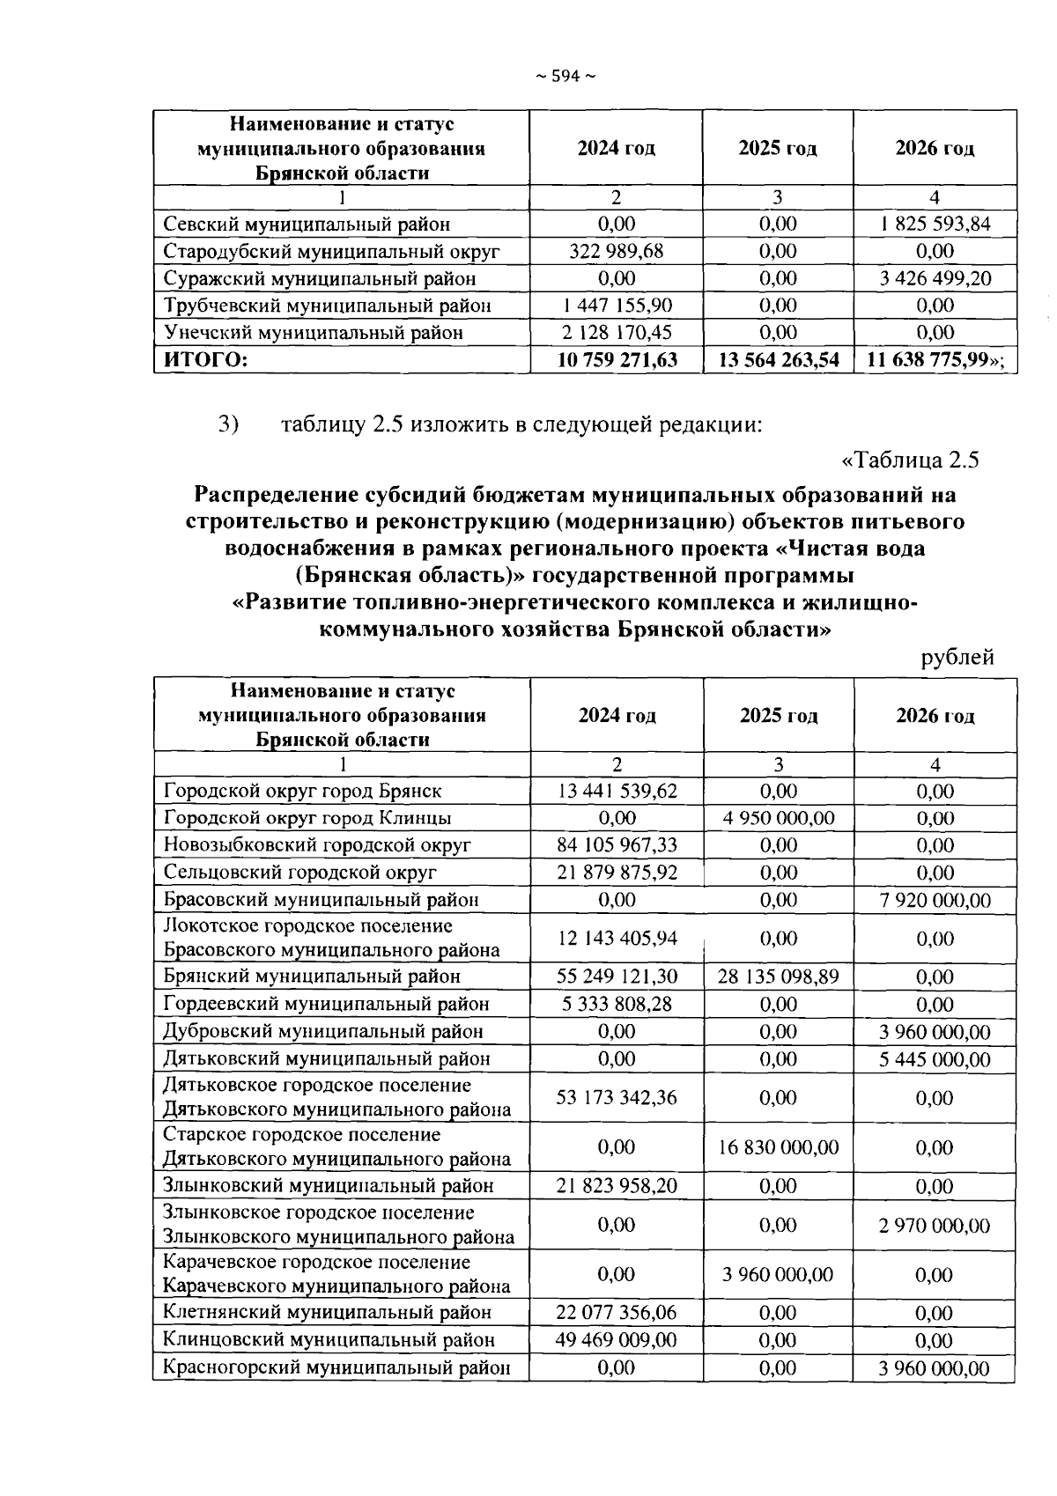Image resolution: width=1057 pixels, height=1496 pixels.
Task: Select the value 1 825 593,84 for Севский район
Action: (935, 224)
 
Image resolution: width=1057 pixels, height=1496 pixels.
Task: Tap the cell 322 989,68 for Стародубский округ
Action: (616, 251)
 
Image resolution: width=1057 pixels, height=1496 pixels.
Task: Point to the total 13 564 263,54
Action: (778, 359)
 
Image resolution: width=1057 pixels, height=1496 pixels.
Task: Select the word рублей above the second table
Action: (957, 657)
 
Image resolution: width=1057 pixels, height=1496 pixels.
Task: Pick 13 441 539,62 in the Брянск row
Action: (617, 791)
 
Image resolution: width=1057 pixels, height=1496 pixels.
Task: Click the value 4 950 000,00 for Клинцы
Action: (778, 818)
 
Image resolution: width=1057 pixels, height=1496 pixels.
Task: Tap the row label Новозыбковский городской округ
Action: (317, 845)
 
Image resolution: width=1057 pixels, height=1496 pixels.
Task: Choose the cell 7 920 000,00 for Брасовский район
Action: (935, 900)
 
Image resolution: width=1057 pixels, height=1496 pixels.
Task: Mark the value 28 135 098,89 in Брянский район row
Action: (778, 976)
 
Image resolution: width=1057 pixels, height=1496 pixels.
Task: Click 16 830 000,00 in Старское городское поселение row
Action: (778, 1147)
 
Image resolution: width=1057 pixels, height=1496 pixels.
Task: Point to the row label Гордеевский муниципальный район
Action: (326, 1004)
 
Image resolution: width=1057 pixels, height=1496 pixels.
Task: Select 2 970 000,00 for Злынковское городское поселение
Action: (935, 1225)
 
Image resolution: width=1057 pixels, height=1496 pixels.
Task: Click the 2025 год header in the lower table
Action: (778, 715)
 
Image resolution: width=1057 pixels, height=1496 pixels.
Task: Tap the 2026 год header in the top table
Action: (935, 148)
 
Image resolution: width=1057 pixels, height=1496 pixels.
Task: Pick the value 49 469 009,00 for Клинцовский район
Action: (617, 1340)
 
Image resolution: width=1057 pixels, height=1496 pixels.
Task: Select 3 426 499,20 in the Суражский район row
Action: (935, 278)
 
